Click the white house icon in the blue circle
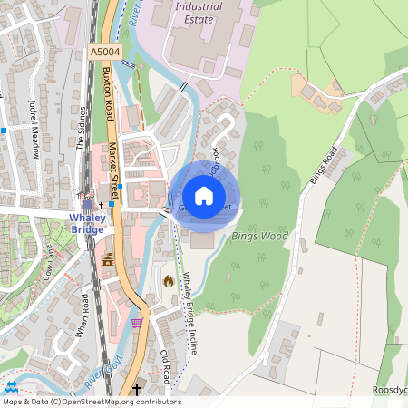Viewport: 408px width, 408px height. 204,196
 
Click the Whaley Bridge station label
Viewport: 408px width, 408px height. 88,222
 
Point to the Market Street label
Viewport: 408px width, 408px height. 114,167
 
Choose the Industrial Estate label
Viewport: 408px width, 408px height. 197,12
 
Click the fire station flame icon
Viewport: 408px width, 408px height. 168,281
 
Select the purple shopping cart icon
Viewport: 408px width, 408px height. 137,322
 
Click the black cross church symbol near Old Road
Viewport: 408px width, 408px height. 137,389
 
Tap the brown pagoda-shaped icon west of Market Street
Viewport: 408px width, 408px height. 109,260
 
